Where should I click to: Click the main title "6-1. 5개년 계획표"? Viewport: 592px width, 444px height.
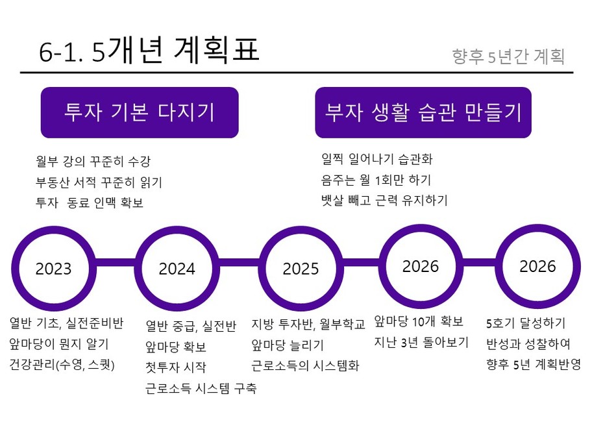point(149,50)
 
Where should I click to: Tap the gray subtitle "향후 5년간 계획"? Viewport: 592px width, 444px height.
point(508,56)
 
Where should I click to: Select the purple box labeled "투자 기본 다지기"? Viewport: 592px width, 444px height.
point(140,112)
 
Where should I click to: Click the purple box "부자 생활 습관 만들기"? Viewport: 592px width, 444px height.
point(423,112)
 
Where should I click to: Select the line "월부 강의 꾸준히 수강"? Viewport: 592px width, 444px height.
point(93,162)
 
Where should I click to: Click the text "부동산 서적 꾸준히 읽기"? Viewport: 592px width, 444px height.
point(99,182)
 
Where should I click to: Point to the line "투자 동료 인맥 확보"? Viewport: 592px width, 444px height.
point(90,203)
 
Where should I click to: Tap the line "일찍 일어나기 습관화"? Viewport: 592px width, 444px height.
point(376,159)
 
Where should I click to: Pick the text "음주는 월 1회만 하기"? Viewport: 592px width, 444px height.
point(376,180)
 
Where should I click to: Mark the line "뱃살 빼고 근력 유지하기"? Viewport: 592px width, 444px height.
point(384,200)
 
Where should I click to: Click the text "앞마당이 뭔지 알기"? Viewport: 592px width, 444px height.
point(59,344)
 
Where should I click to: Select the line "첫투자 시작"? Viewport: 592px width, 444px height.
point(175,367)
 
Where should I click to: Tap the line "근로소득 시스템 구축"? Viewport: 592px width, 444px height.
point(201,388)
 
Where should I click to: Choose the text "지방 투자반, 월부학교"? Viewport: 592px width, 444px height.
point(308,325)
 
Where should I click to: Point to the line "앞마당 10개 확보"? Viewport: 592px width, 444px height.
point(418,321)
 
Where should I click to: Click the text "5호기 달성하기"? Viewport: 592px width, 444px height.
point(526,323)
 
